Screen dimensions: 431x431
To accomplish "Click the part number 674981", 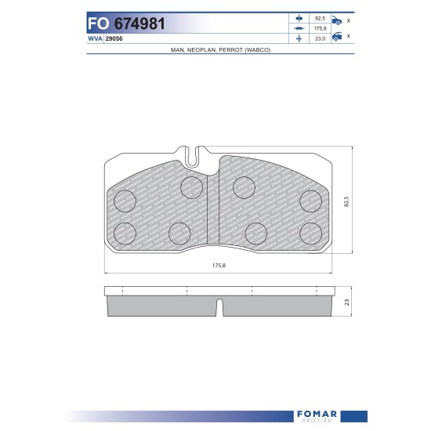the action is [139, 24].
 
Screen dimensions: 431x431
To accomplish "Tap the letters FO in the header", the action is [98, 24].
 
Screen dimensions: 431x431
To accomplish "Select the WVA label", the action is [95, 38].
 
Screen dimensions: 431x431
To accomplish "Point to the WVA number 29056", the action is [114, 38].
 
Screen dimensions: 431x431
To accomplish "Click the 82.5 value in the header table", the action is [320, 19].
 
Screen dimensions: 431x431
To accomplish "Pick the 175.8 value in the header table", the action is [320, 28].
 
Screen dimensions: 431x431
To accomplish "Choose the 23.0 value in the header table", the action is [320, 38].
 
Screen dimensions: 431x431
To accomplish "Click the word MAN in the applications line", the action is [177, 50].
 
